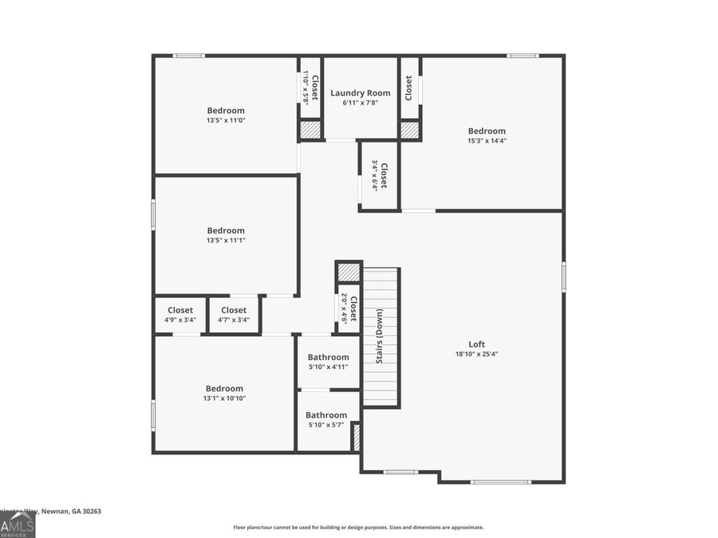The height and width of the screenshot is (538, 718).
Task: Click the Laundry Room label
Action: coord(361,93)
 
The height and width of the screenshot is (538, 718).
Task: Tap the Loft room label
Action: coord(476,344)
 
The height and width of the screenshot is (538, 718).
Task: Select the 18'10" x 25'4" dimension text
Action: coord(476,354)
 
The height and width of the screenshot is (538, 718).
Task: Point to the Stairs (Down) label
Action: coord(380,336)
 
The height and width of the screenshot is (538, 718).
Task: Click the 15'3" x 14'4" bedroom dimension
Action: coord(487,140)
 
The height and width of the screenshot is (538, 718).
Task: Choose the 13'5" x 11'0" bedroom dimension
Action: coord(226,120)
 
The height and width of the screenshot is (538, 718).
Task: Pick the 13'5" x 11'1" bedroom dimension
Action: coord(226,240)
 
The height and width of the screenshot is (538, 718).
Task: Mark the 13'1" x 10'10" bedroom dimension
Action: coord(224,398)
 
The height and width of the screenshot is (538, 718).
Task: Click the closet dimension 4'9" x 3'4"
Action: coord(180,320)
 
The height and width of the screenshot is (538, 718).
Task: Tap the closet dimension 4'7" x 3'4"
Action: coord(234,320)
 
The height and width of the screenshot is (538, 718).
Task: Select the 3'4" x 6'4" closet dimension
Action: coord(374,175)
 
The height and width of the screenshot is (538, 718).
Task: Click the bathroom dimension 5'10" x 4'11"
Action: coord(328,367)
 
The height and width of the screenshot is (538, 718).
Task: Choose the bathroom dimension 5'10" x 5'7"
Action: coord(326,425)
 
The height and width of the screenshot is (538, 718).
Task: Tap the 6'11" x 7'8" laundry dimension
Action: coord(361,103)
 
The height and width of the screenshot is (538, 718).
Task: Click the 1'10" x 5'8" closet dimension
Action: coord(306,87)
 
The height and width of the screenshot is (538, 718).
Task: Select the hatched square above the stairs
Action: coord(349,273)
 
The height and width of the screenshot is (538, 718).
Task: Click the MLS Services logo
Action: coord(17,524)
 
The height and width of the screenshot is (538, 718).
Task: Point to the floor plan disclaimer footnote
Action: coord(358,527)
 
